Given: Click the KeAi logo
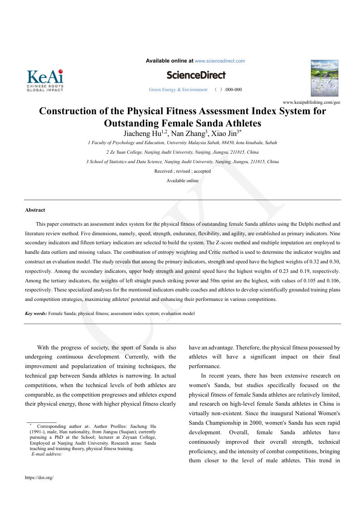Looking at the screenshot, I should pos(45,81).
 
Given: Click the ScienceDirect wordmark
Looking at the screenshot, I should pos(196,75).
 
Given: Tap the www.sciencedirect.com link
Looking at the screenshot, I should pos(219,61).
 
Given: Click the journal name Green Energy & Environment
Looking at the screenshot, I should pos(178,90).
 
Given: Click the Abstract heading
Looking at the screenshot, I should pos(35,210).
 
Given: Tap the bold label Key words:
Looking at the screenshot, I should pos(36,313).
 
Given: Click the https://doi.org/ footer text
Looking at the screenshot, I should pos(39,477).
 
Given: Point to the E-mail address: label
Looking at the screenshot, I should pos(47,454).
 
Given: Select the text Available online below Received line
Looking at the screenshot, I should pos(182,180).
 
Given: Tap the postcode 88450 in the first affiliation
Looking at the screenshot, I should pos(210,143).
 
